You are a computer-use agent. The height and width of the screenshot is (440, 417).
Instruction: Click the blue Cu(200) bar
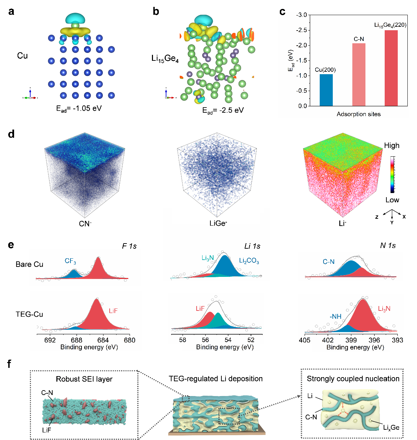pos(326,90)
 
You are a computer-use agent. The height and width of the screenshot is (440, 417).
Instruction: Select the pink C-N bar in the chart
pos(359,75)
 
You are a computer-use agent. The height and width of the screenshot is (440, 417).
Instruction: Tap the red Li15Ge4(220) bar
pos(391,68)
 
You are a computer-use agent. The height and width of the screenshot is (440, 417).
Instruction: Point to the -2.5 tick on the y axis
pos(302,30)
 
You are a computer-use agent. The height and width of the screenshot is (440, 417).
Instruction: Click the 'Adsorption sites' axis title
pos(359,114)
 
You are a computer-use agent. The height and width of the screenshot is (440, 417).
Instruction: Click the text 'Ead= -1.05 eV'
pos(79,109)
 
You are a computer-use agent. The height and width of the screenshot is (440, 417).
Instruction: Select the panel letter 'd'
pos(11,134)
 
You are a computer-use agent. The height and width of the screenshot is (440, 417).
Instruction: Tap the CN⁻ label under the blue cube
pos(85,224)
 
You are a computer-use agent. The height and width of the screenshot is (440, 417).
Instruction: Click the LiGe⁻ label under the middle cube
pos(218,224)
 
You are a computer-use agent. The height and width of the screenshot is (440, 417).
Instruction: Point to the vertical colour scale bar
pos(393,174)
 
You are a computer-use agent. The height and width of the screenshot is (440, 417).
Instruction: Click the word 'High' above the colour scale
pos(392,146)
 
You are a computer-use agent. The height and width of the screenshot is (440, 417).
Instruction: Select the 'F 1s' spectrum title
pos(129,246)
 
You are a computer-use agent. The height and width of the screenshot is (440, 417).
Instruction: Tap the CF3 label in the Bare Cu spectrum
pos(70,261)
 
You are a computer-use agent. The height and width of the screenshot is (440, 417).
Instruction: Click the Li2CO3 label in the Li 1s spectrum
pos(249,261)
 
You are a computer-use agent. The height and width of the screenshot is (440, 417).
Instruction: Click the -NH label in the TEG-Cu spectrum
pos(336,316)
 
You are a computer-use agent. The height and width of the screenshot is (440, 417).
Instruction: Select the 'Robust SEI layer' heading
pos(84,379)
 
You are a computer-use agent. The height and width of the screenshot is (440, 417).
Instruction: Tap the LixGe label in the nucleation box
pos(391,428)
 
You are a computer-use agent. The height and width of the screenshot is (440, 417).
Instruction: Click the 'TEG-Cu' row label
pos(30,314)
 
